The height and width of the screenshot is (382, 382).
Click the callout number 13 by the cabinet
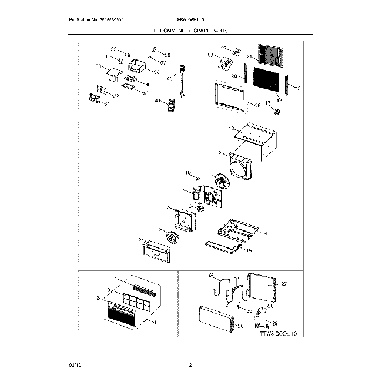pos(232,128)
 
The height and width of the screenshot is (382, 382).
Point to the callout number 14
pos(264,233)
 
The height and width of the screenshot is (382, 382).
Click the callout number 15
pos(249,250)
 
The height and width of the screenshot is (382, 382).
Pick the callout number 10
pos(188,173)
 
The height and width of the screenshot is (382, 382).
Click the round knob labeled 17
pos(277,110)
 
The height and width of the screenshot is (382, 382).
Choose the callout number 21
pos(249,57)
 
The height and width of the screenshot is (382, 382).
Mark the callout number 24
pos(211,274)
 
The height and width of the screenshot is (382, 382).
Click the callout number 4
pos(116,278)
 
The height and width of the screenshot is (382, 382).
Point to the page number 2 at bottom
pos(190,366)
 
